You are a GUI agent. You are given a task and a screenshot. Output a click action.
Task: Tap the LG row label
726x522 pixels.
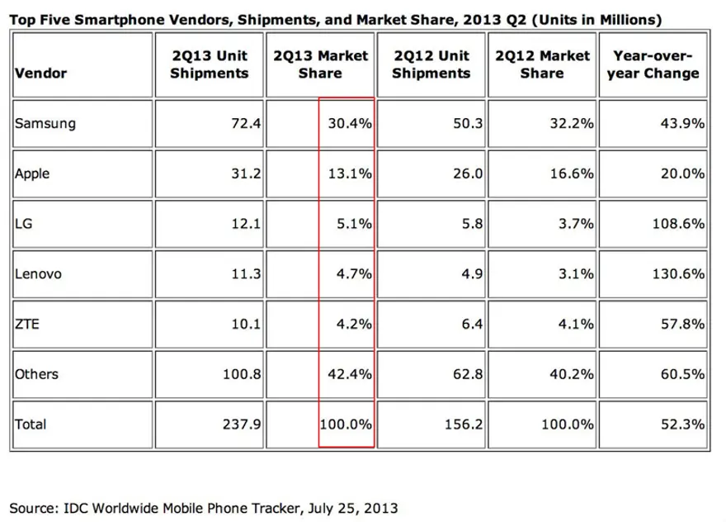point(22,223)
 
